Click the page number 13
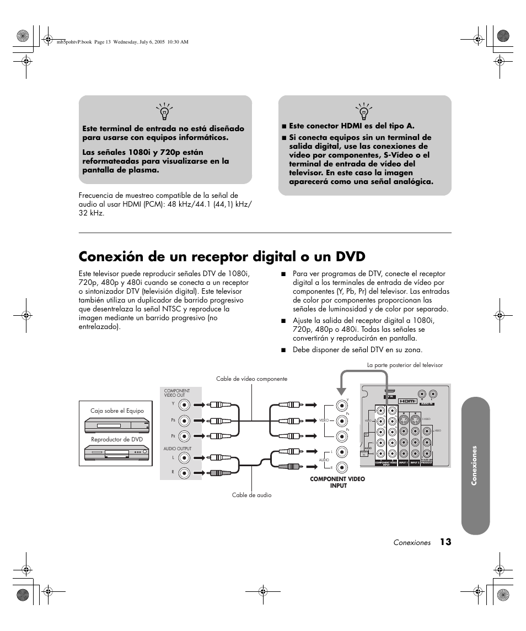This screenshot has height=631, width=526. tap(446, 542)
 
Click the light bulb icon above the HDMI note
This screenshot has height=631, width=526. tap(363, 111)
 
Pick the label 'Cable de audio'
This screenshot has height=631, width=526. tap(251, 495)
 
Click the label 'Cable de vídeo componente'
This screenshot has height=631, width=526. tap(251, 379)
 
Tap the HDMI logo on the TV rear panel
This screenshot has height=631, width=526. tap(407, 401)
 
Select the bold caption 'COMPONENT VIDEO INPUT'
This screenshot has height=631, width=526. tap(337, 482)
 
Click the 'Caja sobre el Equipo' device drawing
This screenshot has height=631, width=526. tap(117, 426)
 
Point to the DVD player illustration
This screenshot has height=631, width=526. tap(117, 453)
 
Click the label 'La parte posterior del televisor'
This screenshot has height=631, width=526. tap(405, 365)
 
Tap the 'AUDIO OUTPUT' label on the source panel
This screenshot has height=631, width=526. tap(178, 449)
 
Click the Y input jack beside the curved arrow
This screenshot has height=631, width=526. tap(341, 405)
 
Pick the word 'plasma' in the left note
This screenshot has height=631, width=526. tap(144, 170)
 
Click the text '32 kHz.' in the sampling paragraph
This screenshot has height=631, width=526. tap(92, 213)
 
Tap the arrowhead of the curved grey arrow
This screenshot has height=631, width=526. tap(341, 393)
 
